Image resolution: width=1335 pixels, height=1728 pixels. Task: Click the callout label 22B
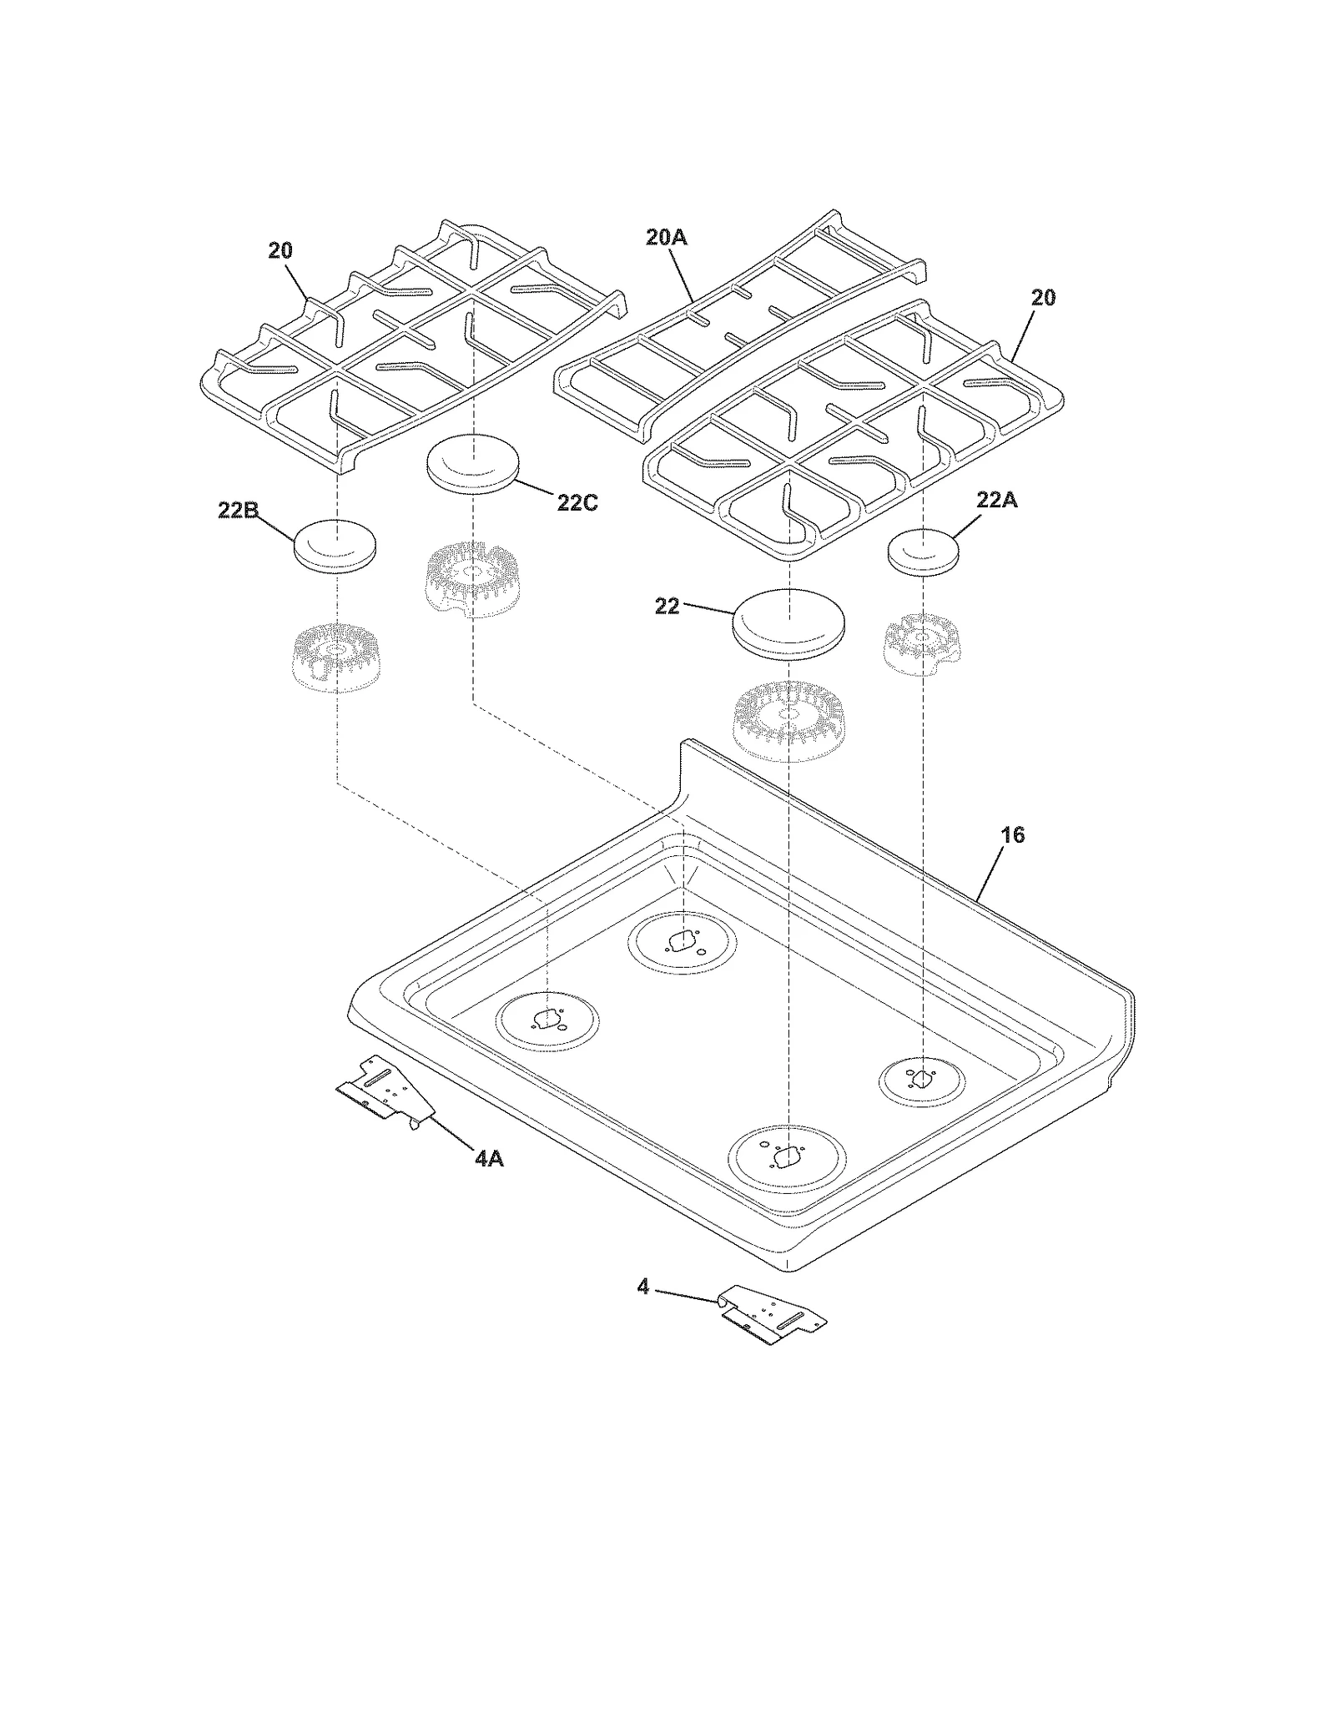[x=236, y=511]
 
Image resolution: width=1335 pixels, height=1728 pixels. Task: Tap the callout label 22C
[x=577, y=503]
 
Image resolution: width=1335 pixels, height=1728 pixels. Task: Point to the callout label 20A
[x=666, y=238]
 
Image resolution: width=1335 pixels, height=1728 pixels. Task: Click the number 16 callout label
[x=1011, y=834]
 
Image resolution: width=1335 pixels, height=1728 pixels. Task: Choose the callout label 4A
[x=488, y=1158]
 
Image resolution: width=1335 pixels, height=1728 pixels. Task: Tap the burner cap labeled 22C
[x=472, y=464]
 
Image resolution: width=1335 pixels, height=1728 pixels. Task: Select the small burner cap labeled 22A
[x=923, y=552]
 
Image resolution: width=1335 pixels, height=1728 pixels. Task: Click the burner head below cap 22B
[x=335, y=657]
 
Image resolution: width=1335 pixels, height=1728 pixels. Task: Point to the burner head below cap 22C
[x=472, y=578]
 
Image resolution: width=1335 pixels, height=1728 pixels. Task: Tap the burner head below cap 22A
[x=922, y=643]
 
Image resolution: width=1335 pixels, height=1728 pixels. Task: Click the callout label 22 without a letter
[x=667, y=607]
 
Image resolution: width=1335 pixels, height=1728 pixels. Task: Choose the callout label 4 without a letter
[x=642, y=1287]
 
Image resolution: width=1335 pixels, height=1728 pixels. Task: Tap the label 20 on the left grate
[x=280, y=250]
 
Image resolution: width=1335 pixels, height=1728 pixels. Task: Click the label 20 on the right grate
[x=1043, y=298]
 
